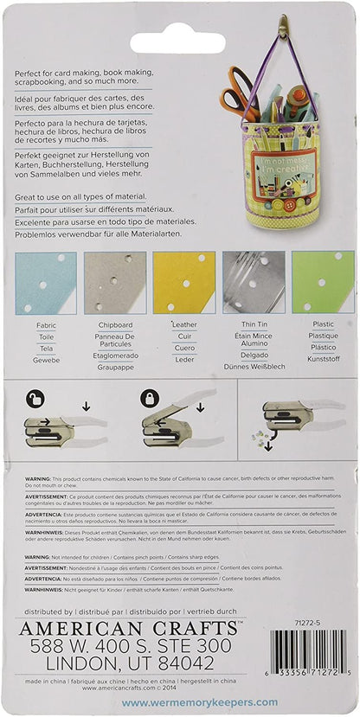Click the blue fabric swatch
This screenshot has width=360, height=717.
pos(45,282)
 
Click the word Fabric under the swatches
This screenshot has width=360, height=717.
pos(47,325)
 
